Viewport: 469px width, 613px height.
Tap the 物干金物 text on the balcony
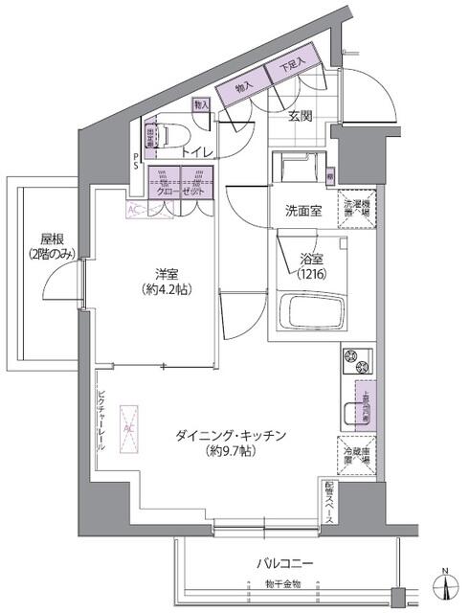283,584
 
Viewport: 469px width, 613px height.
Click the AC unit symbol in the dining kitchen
128,421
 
